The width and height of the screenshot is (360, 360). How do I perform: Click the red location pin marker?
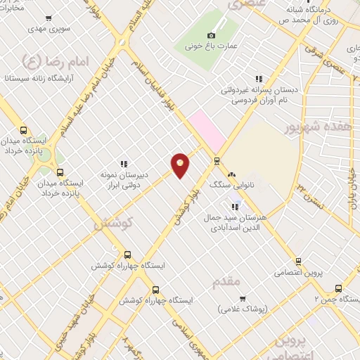coord(180,165)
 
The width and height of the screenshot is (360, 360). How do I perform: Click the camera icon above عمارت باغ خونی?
coord(211,35)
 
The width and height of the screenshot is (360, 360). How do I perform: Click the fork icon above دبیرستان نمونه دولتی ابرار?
coord(123,164)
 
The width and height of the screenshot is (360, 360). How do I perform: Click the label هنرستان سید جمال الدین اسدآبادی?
coord(232,222)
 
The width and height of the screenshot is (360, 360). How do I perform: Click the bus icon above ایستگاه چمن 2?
coord(338,288)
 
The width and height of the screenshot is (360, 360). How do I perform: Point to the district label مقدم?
coord(225,282)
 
